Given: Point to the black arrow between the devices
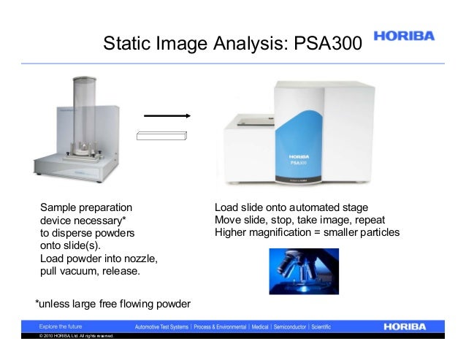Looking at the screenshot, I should click(x=166, y=115).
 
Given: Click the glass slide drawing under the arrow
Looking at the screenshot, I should click(x=162, y=135).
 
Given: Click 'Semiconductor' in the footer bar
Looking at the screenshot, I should click(x=284, y=325).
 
